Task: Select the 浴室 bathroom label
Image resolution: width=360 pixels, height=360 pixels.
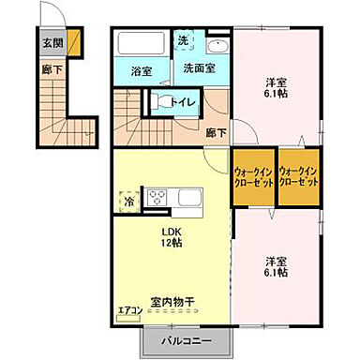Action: (141, 70)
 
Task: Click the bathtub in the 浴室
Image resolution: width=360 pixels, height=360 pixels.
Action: (142, 45)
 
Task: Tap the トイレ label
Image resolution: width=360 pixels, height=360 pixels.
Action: (182, 104)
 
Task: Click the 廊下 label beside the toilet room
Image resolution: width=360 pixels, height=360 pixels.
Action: (216, 133)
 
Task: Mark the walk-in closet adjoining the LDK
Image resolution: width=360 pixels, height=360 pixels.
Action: (252, 177)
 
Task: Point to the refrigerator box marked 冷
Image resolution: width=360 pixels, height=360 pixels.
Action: (126, 200)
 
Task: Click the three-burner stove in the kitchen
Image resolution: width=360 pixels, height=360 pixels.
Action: (157, 198)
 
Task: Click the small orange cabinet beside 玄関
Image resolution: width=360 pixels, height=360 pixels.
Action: (73, 41)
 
